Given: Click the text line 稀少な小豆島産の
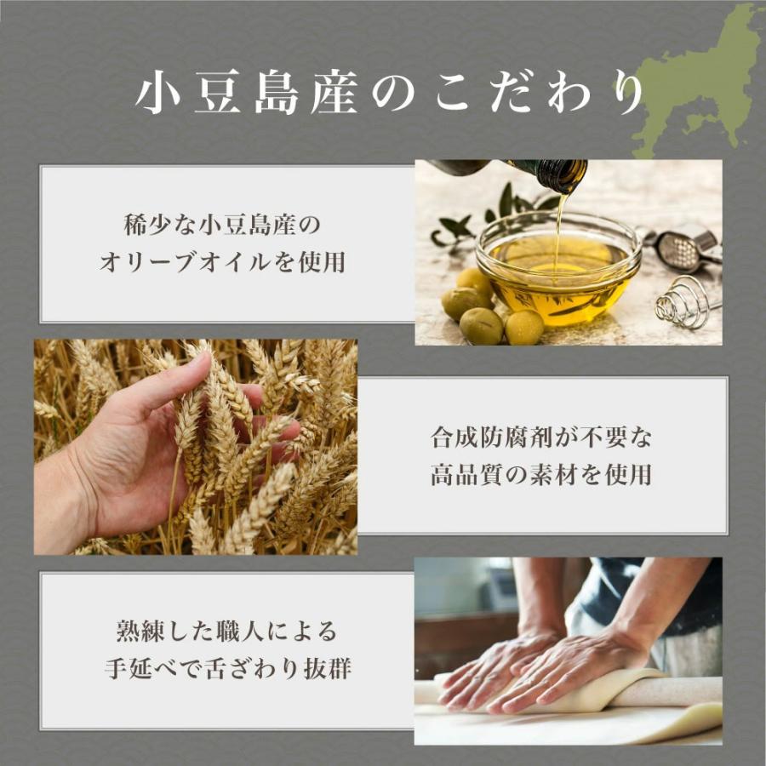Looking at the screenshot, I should coord(222,226).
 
